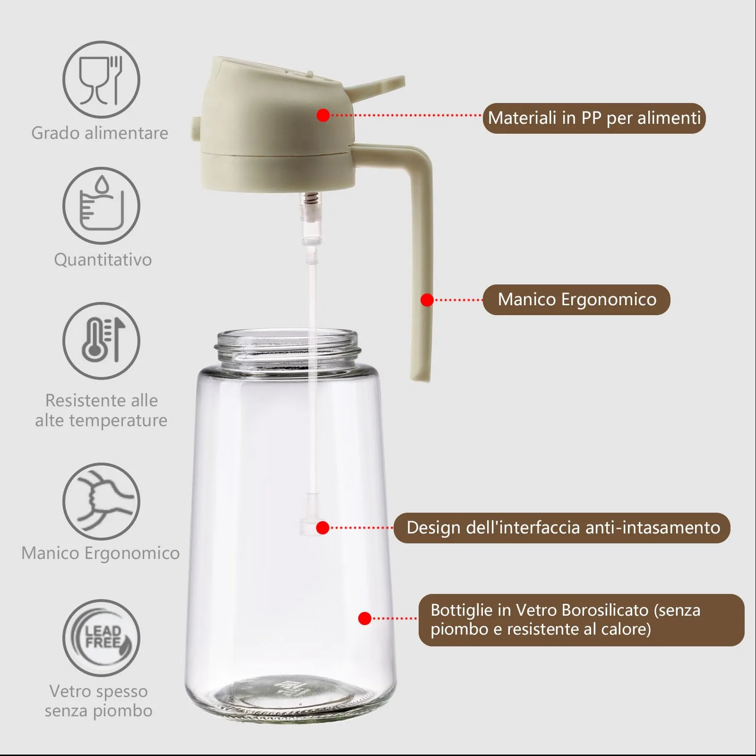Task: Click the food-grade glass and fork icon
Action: tap(101, 79)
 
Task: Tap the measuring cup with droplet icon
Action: tap(101, 206)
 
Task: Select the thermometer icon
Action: tap(101, 340)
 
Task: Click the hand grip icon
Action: tap(101, 501)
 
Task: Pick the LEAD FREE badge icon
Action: tap(101, 638)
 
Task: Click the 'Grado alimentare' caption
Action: tap(100, 133)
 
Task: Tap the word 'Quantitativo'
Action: tap(103, 259)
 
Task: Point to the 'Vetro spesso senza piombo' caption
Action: tap(99, 701)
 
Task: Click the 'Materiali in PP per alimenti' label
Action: tap(594, 118)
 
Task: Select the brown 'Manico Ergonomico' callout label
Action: tap(576, 300)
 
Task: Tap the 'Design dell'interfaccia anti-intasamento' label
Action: tap(562, 528)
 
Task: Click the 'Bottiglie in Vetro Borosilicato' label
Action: tap(582, 620)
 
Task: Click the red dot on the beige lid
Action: tap(323, 115)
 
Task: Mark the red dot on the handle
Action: tap(427, 300)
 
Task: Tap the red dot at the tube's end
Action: tap(323, 528)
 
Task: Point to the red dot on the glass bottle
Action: tap(365, 619)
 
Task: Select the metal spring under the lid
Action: tap(310, 198)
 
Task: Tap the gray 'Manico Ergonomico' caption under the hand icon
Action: tap(101, 553)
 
